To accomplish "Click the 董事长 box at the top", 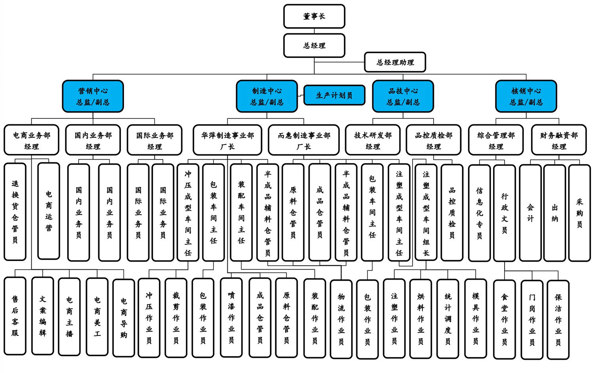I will coord(314,16).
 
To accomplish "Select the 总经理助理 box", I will coord(395,62).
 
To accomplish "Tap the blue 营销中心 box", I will coord(93,96).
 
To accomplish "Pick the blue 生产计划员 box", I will coord(334,95).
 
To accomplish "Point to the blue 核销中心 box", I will coord(526,96).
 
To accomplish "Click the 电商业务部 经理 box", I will coord(31,140).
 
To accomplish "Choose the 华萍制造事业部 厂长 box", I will coord(227,140).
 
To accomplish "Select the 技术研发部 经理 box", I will coord(373,140).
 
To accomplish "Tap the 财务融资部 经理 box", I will coord(558,140).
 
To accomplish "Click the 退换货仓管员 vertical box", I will coord(15,211).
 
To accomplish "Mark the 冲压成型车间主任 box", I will coord(188,213).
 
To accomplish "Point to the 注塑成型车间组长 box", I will coord(426,213).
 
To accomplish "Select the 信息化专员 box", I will coord(479,213).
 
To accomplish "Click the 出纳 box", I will coord(554,213).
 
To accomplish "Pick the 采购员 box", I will coord(579,213).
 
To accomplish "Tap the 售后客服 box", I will coord(15,316).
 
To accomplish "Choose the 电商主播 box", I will coord(69,316).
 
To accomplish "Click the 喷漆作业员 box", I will coord(231,318).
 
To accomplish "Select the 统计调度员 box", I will coord(447,319).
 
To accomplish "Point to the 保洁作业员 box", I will coord(558,320).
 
